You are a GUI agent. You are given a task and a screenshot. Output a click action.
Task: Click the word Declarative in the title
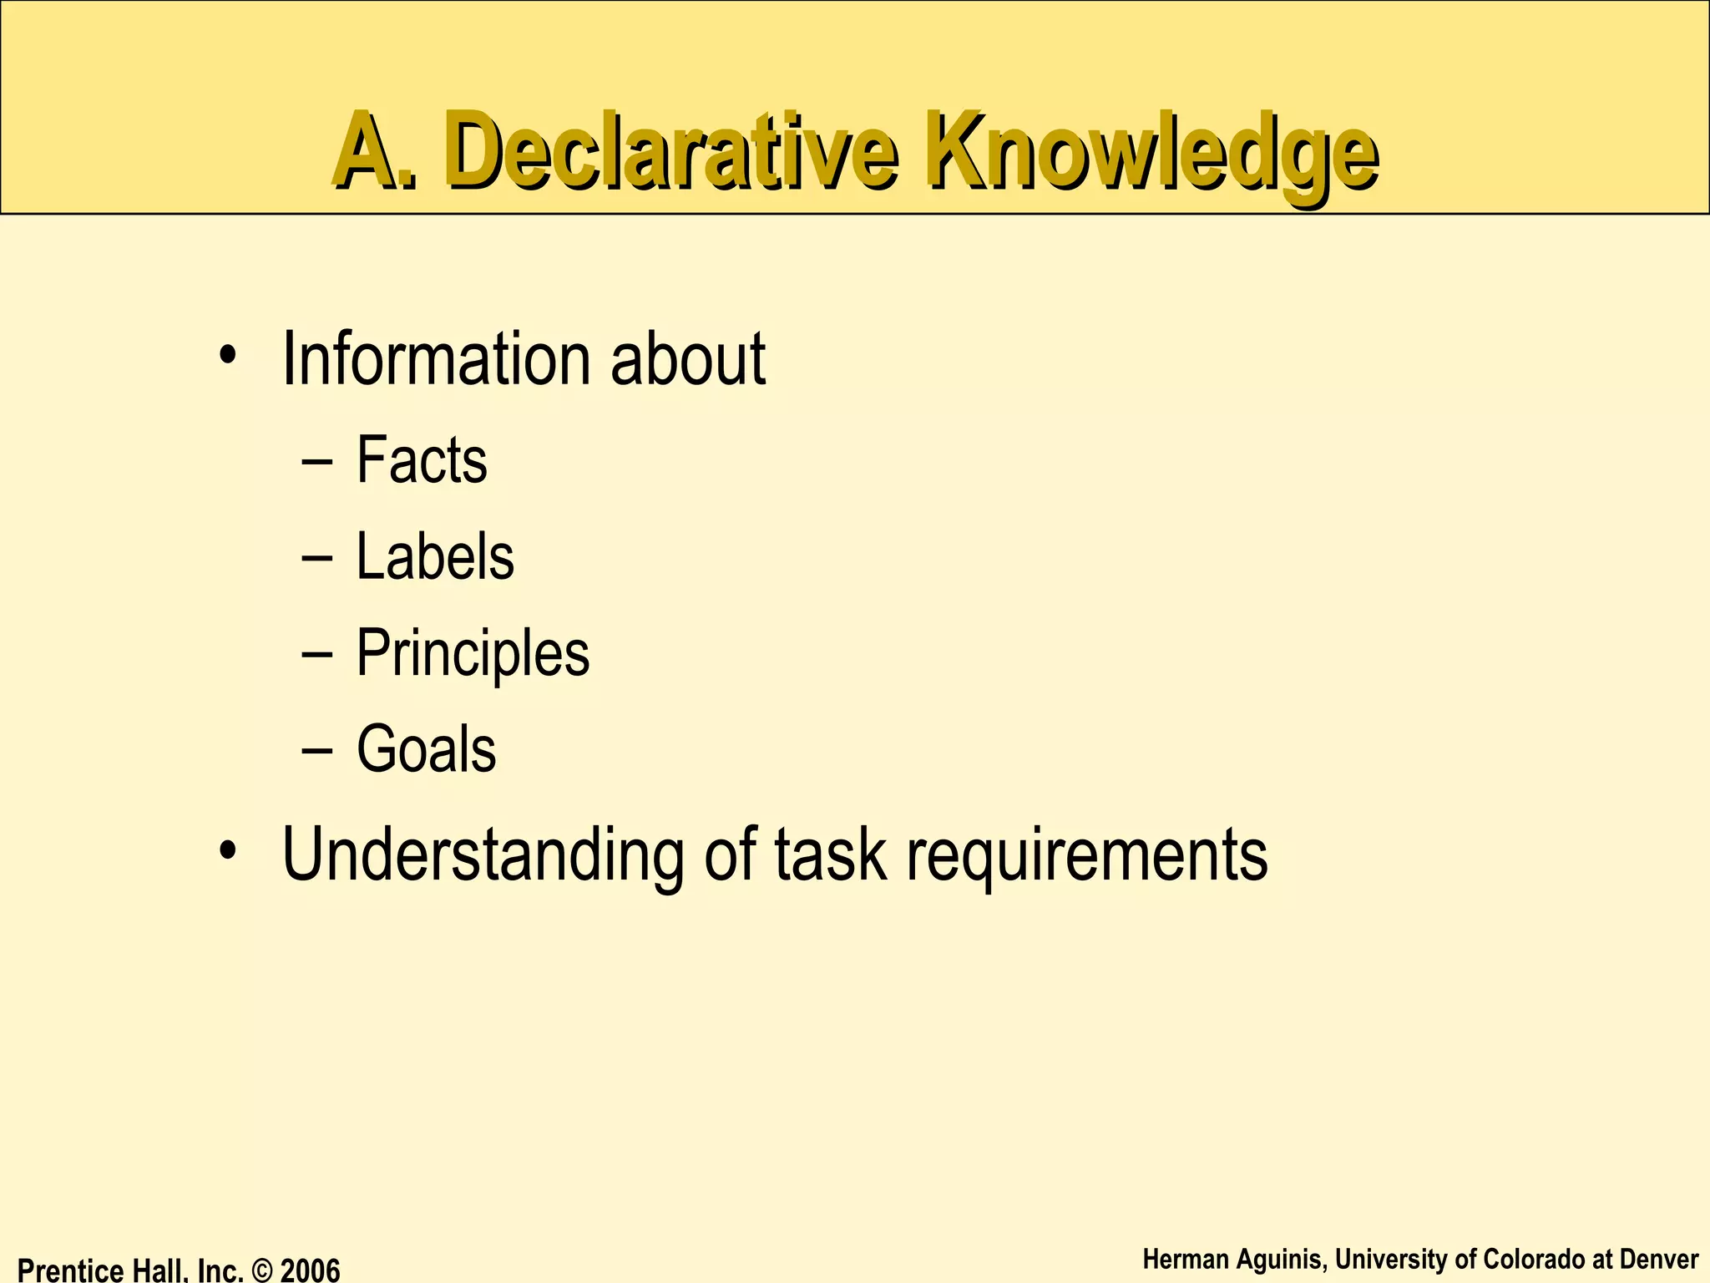click(673, 150)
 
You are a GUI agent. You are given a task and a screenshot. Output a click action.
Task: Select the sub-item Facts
click(421, 460)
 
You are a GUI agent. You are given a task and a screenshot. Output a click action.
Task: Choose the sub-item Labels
click(434, 557)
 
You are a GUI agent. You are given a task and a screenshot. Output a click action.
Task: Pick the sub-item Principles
click(473, 654)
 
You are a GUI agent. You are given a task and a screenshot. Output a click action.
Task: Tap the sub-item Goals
click(426, 749)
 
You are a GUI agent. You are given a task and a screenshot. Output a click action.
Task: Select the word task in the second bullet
click(830, 855)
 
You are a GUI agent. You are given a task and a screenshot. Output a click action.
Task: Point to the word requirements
click(1086, 855)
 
